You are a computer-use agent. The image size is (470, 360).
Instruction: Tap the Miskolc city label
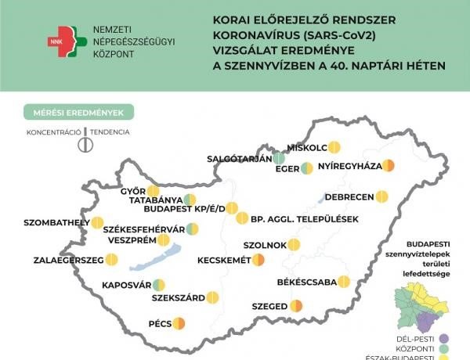point(306,147)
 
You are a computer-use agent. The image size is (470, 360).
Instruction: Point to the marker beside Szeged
point(296,306)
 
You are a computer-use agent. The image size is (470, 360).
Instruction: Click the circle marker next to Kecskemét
point(258,260)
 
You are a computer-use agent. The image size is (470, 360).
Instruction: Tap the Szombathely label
point(56,223)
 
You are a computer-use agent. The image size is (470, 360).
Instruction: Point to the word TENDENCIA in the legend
point(110,132)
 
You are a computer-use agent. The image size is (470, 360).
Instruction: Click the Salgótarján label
point(237,158)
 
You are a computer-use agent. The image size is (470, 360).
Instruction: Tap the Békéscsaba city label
point(307,282)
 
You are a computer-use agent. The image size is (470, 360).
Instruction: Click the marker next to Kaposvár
point(159,285)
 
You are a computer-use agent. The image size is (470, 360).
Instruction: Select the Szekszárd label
point(178,297)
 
